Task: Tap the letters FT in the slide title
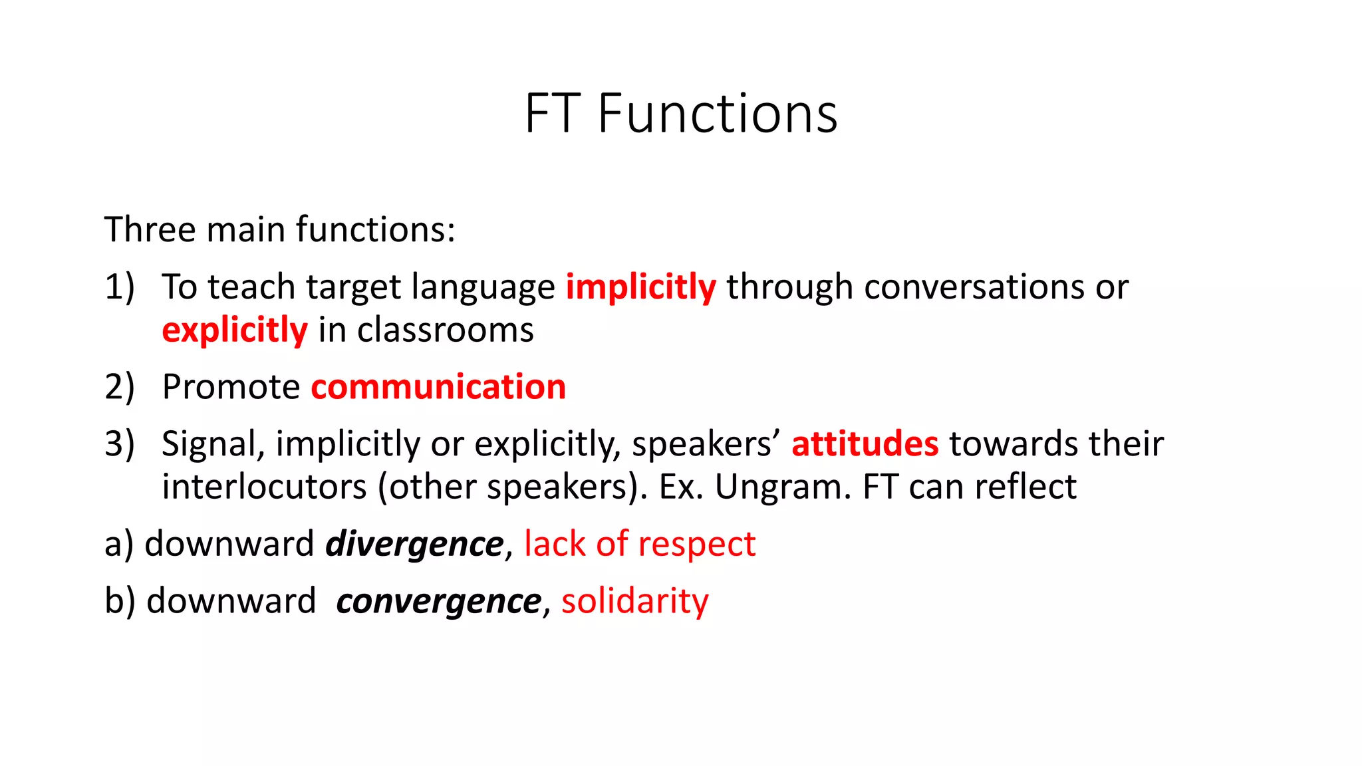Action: [551, 114]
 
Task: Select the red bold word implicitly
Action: [640, 288]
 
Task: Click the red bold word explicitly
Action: [234, 330]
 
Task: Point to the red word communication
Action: [438, 387]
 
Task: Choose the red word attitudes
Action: [865, 444]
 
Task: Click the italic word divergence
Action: [414, 544]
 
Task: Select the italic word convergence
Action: [439, 601]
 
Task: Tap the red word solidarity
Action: [634, 601]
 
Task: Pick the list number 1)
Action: [120, 287]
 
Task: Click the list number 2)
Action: [120, 387]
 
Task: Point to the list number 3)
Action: [120, 444]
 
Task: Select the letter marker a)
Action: [119, 544]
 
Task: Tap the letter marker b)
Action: [120, 601]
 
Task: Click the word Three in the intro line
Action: [150, 229]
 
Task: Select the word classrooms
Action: [445, 330]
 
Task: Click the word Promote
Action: [231, 387]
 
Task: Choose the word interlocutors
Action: [264, 487]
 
